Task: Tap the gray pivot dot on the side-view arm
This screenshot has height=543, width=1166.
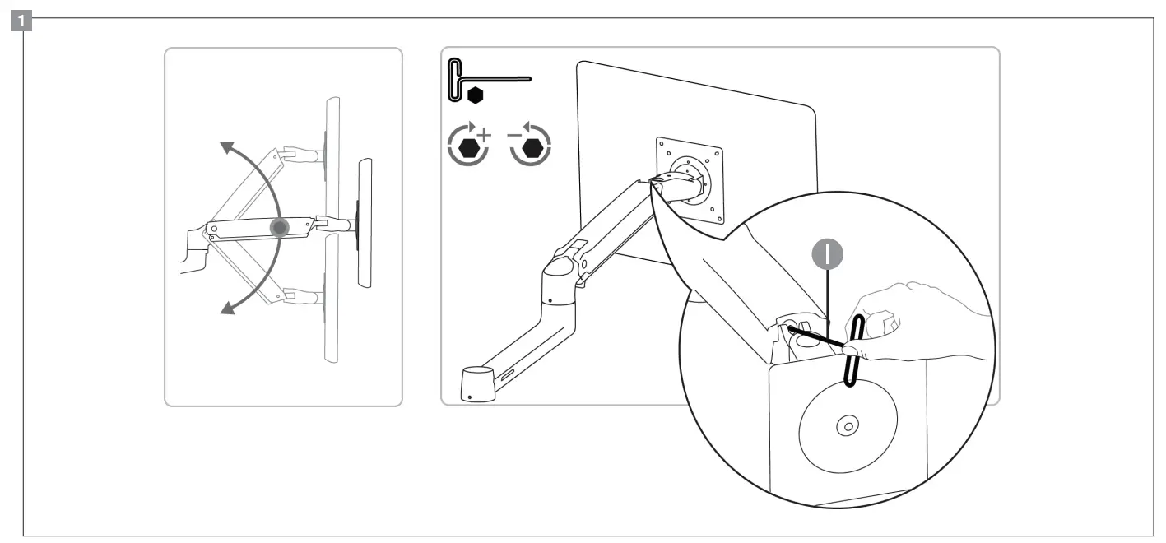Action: [281, 227]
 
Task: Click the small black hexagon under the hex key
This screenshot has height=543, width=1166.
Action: [475, 95]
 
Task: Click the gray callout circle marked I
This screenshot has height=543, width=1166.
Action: [830, 254]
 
